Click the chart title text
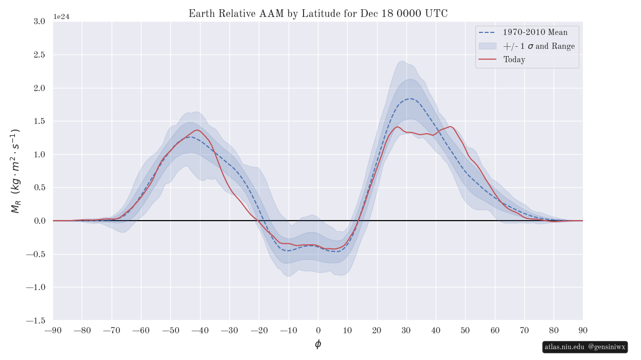[x=318, y=14]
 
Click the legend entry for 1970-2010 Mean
[x=535, y=32]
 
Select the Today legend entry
[x=514, y=60]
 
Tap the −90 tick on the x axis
[x=53, y=330]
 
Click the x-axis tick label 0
[x=318, y=330]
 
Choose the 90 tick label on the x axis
[x=583, y=330]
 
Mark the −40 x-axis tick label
[x=200, y=330]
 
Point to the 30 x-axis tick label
[x=406, y=330]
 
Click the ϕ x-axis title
[x=318, y=344]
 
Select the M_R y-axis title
[x=15, y=171]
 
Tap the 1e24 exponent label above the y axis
[x=61, y=17]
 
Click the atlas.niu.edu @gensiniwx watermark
[x=585, y=347]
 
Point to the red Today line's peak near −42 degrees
[x=197, y=130]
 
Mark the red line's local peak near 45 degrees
[x=450, y=127]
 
